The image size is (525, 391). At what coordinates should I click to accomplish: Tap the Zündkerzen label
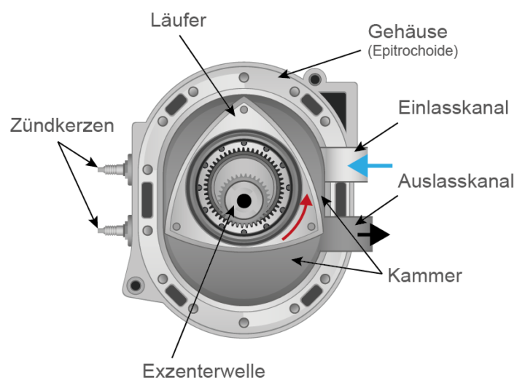62,125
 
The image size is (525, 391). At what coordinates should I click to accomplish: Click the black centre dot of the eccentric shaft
244,200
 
